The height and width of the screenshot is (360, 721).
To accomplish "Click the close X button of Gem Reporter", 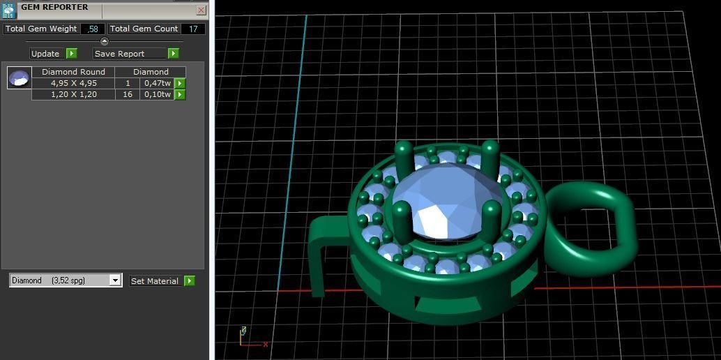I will tap(201, 10).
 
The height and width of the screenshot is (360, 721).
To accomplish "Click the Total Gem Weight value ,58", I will tap(93, 29).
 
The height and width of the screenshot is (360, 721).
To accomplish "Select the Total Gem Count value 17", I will tap(192, 29).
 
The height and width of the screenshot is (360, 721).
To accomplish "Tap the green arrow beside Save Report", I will tap(173, 54).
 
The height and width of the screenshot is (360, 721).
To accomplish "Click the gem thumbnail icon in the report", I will tap(19, 78).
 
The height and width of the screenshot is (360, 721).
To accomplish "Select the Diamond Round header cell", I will tap(73, 72).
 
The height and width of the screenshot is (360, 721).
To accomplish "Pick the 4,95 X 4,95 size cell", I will tap(73, 83).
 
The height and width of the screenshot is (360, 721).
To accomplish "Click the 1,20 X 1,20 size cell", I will tap(73, 94).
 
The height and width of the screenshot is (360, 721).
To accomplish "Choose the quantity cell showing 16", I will tap(128, 94).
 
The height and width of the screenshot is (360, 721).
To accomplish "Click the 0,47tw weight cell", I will tap(157, 83).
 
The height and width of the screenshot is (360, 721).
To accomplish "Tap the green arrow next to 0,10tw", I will tap(180, 94).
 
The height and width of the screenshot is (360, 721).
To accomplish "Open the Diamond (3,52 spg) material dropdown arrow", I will tap(115, 280).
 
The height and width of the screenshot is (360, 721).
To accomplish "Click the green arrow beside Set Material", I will tap(189, 280).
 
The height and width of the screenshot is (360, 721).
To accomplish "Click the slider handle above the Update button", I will tap(105, 41).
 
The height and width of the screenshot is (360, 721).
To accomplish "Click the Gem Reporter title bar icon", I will tap(8, 10).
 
